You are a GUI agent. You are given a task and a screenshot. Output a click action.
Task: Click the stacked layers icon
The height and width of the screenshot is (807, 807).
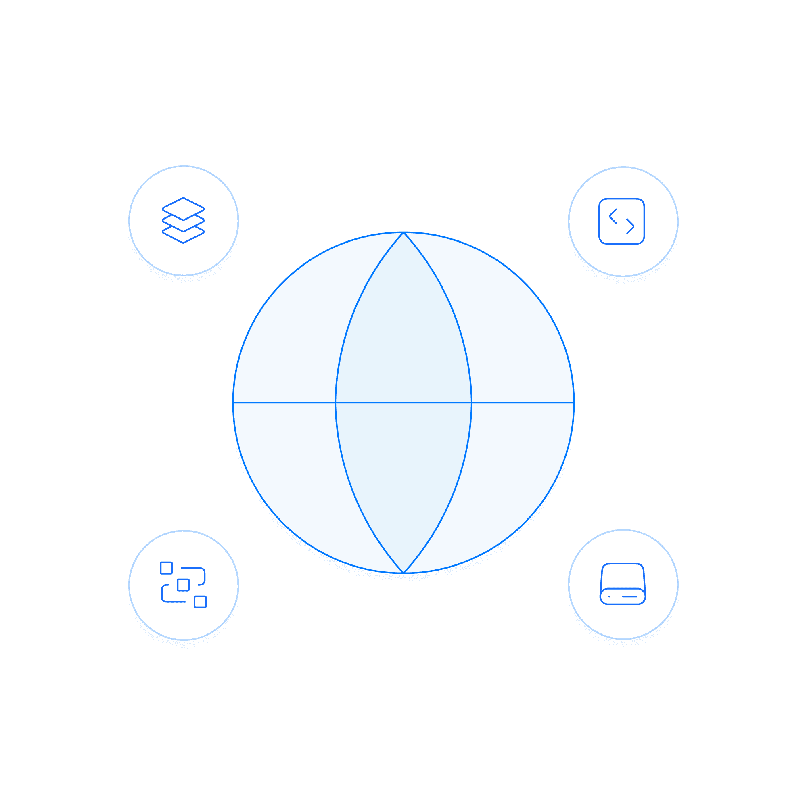click(183, 220)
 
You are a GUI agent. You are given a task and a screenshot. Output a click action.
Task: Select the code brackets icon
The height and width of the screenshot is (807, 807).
click(622, 221)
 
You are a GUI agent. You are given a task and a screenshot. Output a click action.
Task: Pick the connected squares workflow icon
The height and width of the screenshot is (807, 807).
click(183, 585)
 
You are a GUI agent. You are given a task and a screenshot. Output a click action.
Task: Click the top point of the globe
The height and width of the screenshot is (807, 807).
click(403, 233)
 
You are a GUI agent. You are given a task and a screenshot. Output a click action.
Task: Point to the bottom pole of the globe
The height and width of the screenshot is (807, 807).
click(403, 572)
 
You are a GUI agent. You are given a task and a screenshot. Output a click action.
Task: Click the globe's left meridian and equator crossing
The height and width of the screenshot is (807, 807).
click(335, 403)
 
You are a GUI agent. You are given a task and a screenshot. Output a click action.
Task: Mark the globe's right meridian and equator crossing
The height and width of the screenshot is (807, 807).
click(472, 403)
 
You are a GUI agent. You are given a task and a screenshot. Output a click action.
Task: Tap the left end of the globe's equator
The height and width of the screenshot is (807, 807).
click(234, 403)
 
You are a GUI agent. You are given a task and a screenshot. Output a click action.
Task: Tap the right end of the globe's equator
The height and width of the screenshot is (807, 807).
click(573, 403)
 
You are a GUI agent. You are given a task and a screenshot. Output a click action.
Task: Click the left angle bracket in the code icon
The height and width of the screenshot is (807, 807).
click(613, 216)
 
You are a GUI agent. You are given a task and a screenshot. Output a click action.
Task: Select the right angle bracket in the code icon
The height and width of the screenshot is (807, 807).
click(631, 226)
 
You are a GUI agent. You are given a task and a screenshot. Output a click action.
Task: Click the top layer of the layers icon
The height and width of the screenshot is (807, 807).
click(183, 209)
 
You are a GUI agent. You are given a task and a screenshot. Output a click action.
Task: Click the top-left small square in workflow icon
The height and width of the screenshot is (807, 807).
click(166, 568)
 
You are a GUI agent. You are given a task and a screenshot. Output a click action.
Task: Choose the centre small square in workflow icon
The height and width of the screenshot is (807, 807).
click(183, 585)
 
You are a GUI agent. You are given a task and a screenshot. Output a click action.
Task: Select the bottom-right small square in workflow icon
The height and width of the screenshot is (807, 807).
click(200, 602)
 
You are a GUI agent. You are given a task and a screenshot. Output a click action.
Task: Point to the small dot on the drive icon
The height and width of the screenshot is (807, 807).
click(609, 596)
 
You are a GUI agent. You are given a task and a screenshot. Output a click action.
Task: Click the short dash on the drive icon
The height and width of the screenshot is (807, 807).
click(629, 596)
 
